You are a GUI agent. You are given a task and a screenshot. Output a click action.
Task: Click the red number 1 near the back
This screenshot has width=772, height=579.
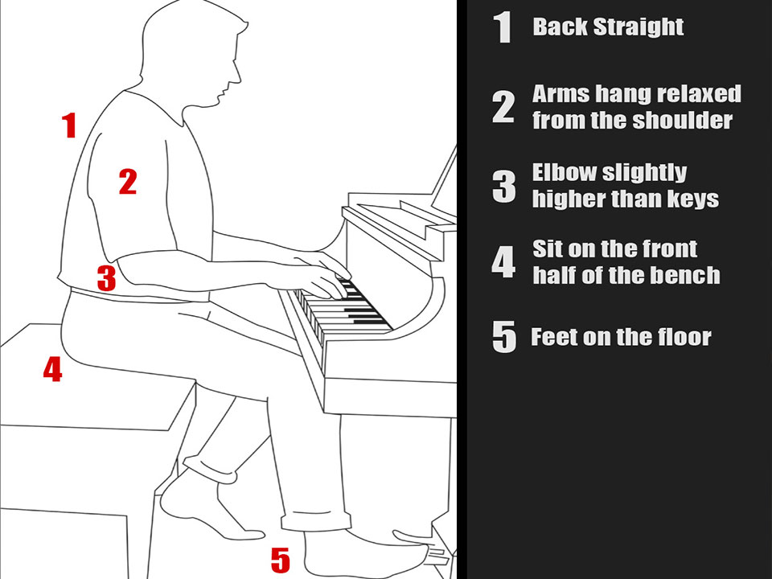pyautogui.click(x=70, y=125)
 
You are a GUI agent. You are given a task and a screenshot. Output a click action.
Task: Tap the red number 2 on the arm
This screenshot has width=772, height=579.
pyautogui.click(x=128, y=181)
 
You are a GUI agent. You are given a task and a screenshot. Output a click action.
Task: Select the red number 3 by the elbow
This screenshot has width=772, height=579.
pyautogui.click(x=106, y=277)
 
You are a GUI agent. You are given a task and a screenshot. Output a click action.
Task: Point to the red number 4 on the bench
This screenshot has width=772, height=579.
pyautogui.click(x=53, y=369)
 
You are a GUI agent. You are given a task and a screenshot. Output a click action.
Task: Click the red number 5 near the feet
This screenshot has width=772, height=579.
pyautogui.click(x=281, y=560)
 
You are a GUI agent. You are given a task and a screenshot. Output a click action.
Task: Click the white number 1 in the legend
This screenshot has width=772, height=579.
pyautogui.click(x=503, y=27)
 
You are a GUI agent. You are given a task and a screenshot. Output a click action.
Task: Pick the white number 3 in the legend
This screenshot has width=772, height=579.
pyautogui.click(x=503, y=187)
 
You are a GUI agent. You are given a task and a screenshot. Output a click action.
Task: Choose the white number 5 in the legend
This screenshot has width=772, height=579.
pyautogui.click(x=504, y=337)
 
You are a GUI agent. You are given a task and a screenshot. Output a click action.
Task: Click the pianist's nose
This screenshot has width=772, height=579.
pyautogui.click(x=236, y=74)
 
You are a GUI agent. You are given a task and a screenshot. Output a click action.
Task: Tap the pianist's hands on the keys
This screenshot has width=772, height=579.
pyautogui.click(x=320, y=276)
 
